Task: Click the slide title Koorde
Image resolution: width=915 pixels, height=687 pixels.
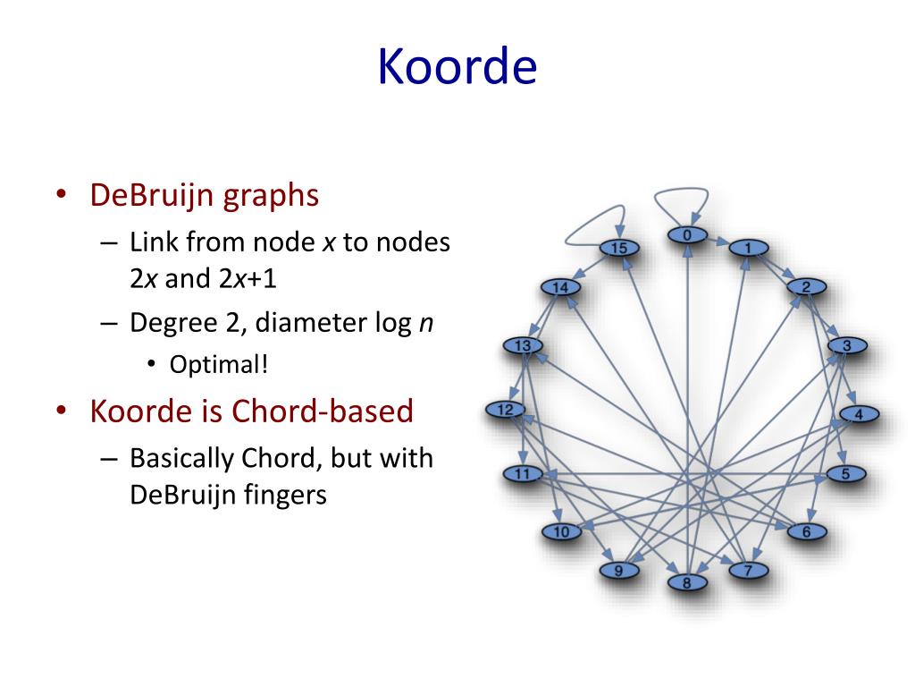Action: (457, 66)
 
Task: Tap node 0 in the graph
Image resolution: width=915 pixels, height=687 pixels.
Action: (687, 235)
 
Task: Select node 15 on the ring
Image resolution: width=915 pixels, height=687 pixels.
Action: (618, 248)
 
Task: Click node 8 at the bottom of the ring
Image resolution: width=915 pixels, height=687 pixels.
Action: (687, 583)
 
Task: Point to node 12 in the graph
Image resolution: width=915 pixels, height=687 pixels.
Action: (505, 410)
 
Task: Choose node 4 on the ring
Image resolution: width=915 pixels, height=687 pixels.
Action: (859, 414)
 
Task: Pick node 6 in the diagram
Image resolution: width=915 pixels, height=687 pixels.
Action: (806, 531)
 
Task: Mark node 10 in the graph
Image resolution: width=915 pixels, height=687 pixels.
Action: (561, 532)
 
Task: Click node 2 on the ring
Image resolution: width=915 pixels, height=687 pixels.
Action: (806, 287)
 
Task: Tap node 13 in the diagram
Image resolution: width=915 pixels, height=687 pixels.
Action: (524, 345)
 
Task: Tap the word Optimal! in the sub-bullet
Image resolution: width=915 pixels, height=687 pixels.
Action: (219, 365)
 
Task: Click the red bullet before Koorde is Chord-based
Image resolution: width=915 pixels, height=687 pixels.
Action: (61, 412)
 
